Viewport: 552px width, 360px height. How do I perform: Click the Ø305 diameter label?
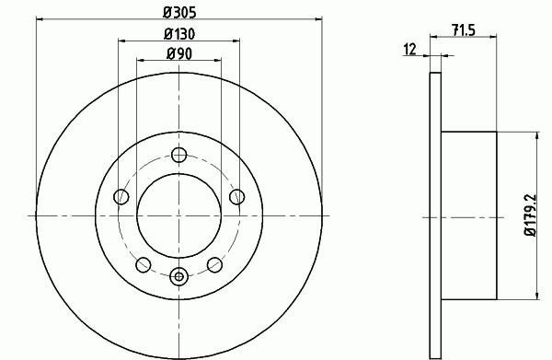[x=179, y=13]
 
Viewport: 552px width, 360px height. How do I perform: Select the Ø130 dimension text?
[x=179, y=34]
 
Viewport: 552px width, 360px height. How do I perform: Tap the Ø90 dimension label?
[x=179, y=54]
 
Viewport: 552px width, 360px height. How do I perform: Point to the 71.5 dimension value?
[x=464, y=30]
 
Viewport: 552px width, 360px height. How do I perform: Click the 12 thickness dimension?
[x=409, y=49]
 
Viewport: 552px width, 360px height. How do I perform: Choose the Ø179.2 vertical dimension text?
[x=531, y=215]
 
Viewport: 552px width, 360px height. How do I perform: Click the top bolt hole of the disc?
[x=178, y=155]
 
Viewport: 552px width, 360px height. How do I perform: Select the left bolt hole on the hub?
[x=121, y=196]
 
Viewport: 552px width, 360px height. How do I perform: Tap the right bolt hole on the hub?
[x=237, y=196]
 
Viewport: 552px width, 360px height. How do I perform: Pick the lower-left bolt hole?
[x=144, y=264]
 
